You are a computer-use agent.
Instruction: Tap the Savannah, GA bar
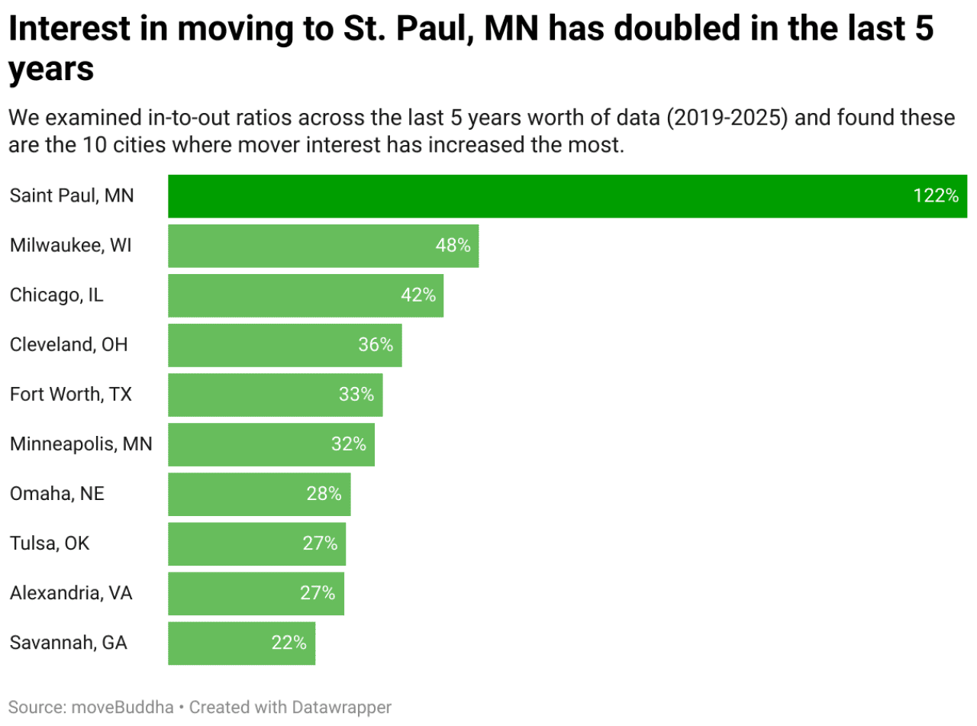click(x=241, y=643)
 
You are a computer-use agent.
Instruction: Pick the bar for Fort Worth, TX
click(x=275, y=395)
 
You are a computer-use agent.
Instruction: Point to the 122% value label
click(x=935, y=196)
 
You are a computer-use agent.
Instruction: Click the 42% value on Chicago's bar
click(x=418, y=295)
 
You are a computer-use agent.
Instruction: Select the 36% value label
click(x=376, y=345)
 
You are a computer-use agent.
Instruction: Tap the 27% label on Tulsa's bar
click(x=320, y=544)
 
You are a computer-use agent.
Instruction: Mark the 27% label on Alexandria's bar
click(x=318, y=593)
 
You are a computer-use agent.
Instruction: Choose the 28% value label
click(x=324, y=494)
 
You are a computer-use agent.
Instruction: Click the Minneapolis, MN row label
click(x=81, y=444)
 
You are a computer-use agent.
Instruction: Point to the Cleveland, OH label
click(x=69, y=345)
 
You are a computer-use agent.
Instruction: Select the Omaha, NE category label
click(x=57, y=494)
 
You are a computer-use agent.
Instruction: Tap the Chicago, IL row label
click(x=56, y=295)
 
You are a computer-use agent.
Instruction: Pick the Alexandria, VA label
click(x=71, y=593)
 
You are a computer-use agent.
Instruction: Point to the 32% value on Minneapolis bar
click(x=348, y=444)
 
